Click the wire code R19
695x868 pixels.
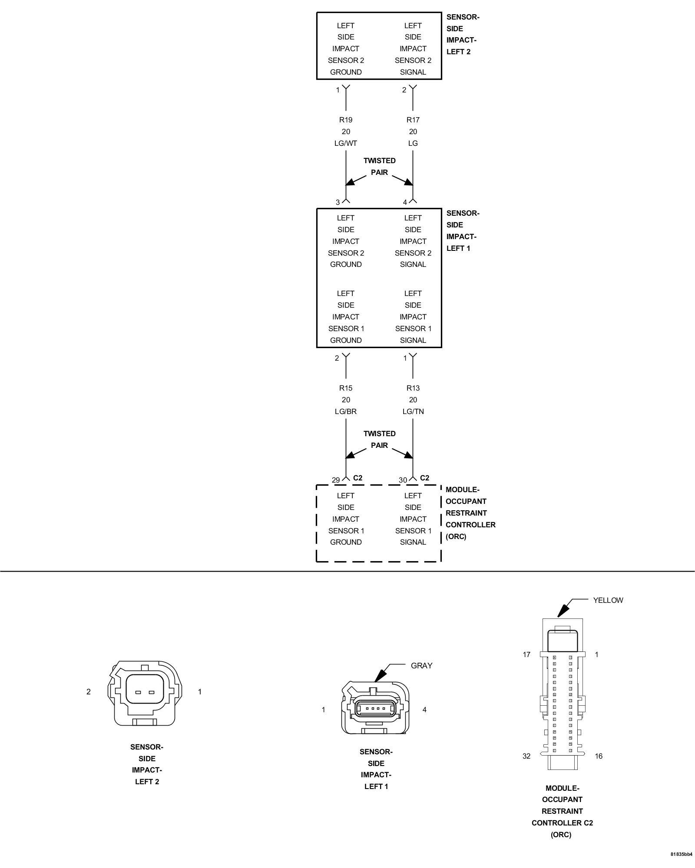346,120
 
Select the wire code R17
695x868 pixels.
413,120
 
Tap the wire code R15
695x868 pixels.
346,388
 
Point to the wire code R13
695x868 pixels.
413,388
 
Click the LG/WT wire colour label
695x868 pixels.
346,143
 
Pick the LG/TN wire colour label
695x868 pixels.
413,411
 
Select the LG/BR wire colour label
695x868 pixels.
346,411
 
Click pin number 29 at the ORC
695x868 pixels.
336,480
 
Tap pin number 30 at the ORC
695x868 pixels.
403,480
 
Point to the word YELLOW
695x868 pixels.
608,600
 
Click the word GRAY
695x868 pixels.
421,666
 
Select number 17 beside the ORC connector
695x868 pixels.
526,654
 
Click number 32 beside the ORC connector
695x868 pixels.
526,756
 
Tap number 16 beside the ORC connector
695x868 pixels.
599,756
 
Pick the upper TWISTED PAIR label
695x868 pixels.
379,167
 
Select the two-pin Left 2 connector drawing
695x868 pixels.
145,693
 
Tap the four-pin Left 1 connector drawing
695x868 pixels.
376,710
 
